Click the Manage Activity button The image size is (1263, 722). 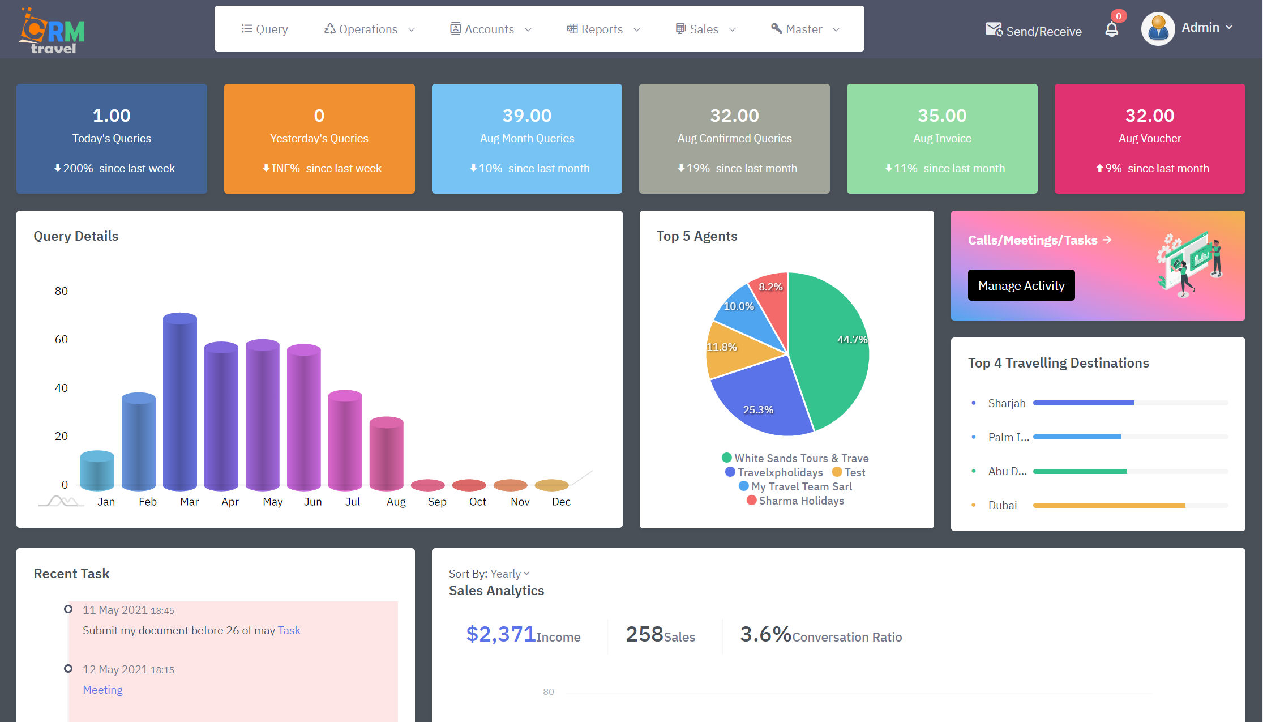click(x=1021, y=285)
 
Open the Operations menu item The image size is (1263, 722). click(x=369, y=29)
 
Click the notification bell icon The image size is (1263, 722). click(x=1111, y=29)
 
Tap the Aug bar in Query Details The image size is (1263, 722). click(x=387, y=453)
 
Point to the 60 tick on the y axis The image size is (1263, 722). click(x=61, y=339)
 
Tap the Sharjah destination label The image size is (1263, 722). click(x=1006, y=403)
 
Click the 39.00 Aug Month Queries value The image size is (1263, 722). click(x=526, y=116)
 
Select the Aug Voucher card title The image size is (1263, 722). click(x=1149, y=138)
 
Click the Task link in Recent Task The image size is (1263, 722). click(x=289, y=630)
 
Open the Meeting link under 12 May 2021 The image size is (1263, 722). click(x=102, y=690)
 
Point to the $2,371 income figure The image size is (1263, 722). click(x=500, y=634)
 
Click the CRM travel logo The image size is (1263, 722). click(x=52, y=31)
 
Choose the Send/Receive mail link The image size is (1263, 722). click(x=1034, y=31)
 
